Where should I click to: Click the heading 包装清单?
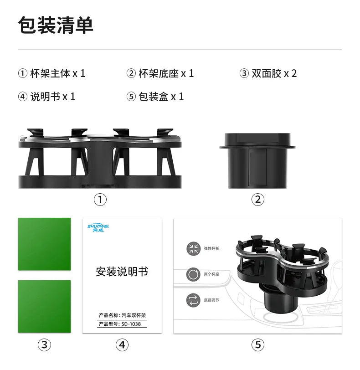pyautogui.click(x=56, y=25)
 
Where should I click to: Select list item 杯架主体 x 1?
pyautogui.click(x=52, y=73)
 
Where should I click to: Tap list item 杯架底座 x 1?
pyautogui.click(x=160, y=73)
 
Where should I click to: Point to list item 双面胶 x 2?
pyautogui.click(x=268, y=73)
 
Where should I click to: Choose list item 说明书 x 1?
pyautogui.click(x=47, y=97)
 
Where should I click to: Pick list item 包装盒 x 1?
pyautogui.click(x=155, y=97)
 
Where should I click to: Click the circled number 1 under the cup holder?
pyautogui.click(x=100, y=199)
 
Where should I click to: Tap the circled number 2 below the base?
pyautogui.click(x=257, y=199)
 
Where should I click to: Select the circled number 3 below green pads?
pyautogui.click(x=44, y=345)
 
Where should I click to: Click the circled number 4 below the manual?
pyautogui.click(x=121, y=345)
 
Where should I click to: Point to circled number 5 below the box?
pyautogui.click(x=257, y=345)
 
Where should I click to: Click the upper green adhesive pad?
pyautogui.click(x=44, y=244)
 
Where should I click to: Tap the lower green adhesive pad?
pyautogui.click(x=44, y=307)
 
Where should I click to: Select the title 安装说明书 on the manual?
pyautogui.click(x=122, y=272)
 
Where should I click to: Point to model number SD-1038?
pyautogui.click(x=134, y=324)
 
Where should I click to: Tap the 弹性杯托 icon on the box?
pyautogui.click(x=193, y=249)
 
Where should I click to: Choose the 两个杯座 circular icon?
pyautogui.click(x=193, y=275)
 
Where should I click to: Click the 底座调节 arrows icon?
pyautogui.click(x=193, y=300)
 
